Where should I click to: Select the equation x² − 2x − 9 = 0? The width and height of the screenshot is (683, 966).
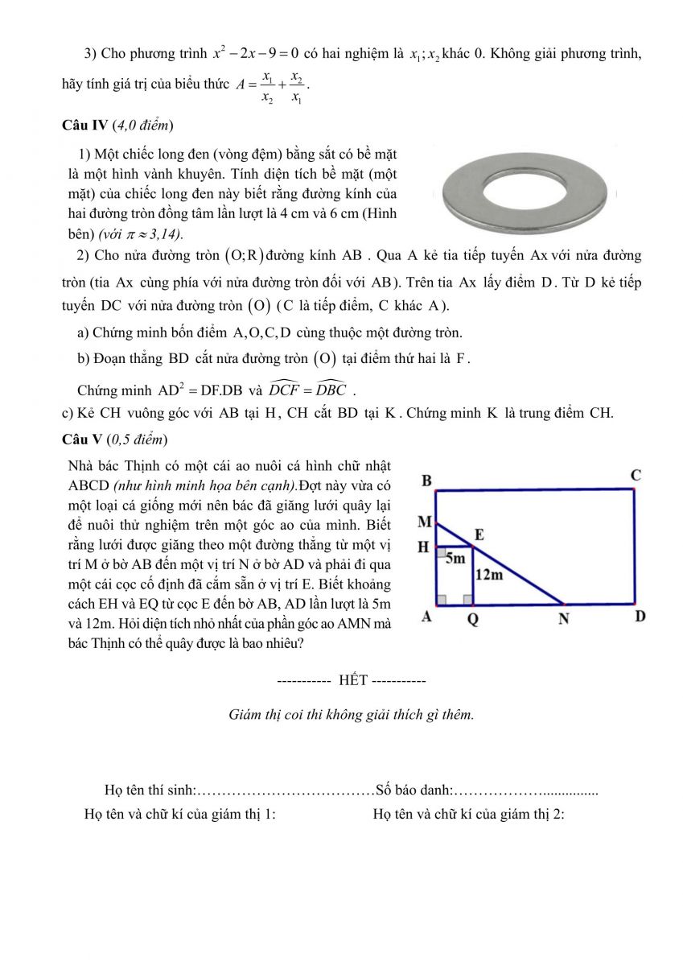(256, 54)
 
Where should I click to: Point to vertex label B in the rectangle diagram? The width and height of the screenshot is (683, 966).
(427, 481)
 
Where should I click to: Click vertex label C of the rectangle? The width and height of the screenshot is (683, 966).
(636, 476)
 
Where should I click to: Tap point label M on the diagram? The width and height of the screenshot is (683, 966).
(425, 522)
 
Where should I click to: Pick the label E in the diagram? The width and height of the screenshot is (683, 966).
(479, 535)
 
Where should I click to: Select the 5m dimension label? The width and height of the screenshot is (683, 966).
(455, 558)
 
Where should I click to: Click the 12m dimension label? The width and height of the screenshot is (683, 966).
(489, 575)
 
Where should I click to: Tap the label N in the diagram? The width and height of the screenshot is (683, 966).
(564, 619)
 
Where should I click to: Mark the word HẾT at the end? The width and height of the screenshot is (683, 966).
(353, 680)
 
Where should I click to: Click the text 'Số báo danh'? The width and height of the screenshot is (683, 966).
(413, 790)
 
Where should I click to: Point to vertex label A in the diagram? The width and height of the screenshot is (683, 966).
(427, 617)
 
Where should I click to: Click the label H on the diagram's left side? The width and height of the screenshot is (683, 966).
(423, 547)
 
